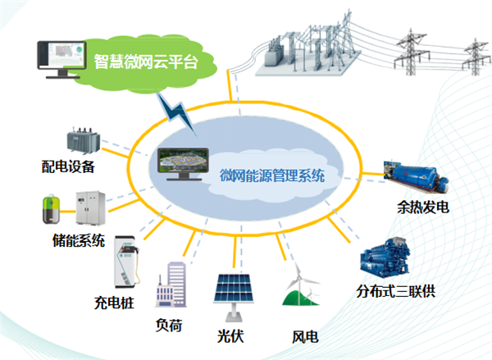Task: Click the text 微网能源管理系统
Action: click(x=272, y=175)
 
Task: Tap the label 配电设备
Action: click(x=69, y=167)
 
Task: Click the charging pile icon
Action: click(x=125, y=262)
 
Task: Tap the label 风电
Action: click(x=305, y=336)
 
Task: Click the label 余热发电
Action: click(x=422, y=208)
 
